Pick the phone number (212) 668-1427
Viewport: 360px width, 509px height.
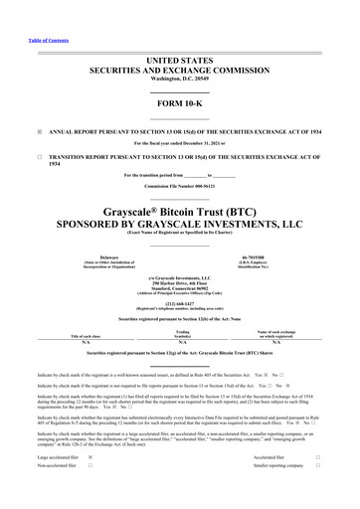[179, 304]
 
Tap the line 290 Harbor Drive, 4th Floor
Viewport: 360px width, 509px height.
[179, 283]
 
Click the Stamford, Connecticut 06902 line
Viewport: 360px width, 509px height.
[179, 289]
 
